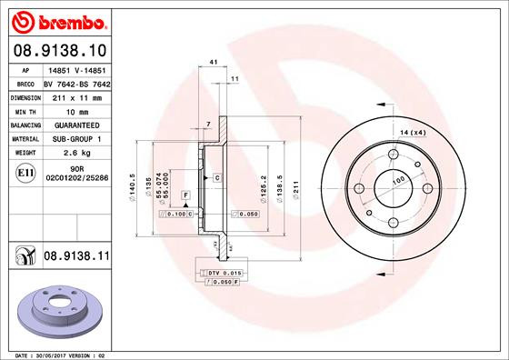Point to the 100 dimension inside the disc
[398, 181]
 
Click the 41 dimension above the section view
[215, 61]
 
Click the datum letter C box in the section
[218, 177]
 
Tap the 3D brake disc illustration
[63, 307]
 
